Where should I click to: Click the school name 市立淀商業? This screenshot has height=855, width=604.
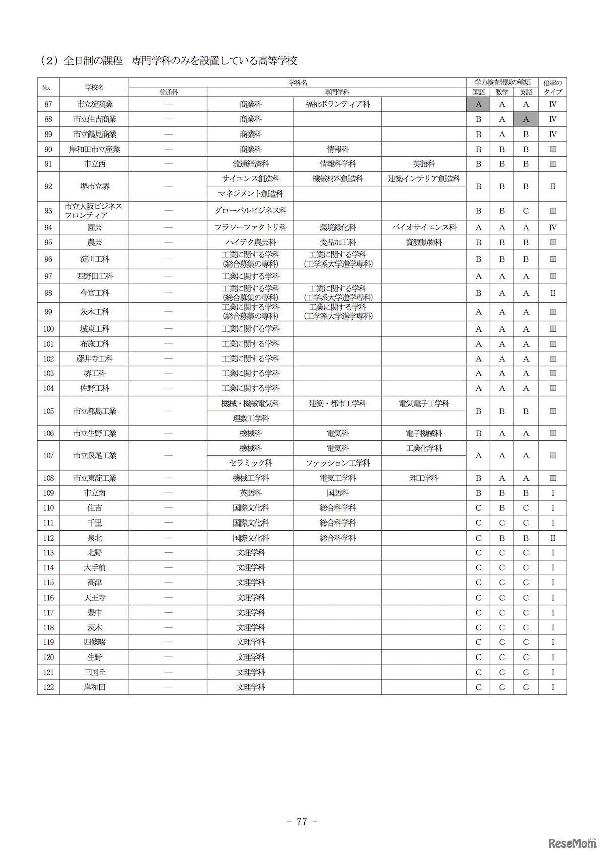[94, 104]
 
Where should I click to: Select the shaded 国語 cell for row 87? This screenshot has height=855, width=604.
[478, 104]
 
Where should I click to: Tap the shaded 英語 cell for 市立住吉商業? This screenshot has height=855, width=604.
[526, 119]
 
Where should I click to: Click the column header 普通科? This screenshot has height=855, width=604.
[168, 92]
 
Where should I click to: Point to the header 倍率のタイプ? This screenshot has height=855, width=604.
[552, 87]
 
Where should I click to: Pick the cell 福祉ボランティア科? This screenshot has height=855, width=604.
[337, 104]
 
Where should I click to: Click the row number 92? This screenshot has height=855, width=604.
[48, 186]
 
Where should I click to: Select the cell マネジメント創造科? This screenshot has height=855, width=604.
[250, 194]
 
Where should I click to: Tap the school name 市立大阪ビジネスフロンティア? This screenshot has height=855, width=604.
[94, 211]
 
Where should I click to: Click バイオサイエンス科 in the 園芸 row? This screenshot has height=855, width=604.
[424, 228]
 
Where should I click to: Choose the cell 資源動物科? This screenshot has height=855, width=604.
[424, 242]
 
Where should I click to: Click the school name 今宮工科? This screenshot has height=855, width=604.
[94, 293]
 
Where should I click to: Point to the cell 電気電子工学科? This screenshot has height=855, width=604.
[424, 404]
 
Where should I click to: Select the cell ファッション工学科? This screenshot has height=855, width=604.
[337, 463]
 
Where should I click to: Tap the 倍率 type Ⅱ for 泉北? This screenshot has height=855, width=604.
[552, 538]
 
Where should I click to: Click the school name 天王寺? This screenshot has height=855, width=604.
[94, 598]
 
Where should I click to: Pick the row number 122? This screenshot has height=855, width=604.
[48, 687]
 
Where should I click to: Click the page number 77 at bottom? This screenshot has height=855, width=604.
[301, 821]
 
